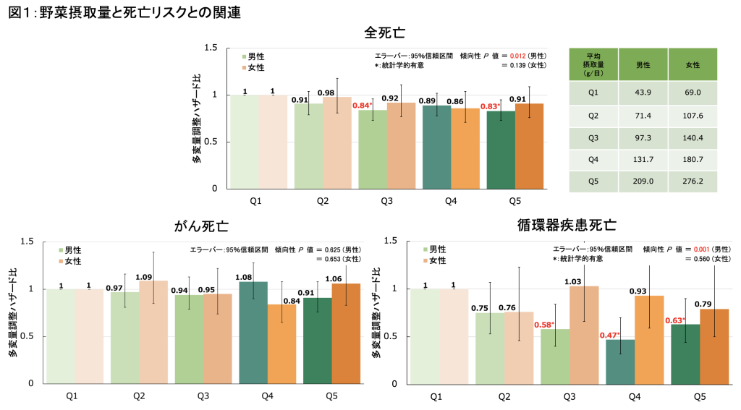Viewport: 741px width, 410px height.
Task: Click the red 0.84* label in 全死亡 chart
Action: click(363, 106)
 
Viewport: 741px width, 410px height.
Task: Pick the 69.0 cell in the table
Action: click(692, 94)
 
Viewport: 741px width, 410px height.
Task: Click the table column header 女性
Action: click(692, 65)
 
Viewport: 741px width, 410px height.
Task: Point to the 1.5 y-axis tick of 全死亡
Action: click(211, 48)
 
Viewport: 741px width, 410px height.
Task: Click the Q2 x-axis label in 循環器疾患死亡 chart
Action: click(504, 396)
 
